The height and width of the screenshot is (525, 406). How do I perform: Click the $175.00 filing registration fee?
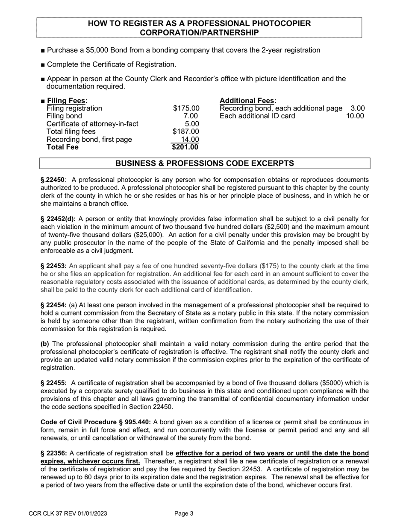point(186,108)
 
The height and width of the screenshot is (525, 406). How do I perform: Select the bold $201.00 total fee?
point(185,148)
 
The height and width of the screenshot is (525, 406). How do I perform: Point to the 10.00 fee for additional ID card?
point(355,116)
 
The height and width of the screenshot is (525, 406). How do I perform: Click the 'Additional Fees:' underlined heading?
point(248,101)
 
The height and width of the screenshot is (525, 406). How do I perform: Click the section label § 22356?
point(54,453)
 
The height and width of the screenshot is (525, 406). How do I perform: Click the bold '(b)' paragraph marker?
point(45,344)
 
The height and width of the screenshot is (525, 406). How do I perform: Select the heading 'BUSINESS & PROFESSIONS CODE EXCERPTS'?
point(205,163)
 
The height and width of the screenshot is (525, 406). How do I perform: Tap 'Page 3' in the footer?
point(184,514)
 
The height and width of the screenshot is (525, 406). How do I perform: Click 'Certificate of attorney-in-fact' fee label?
point(92,124)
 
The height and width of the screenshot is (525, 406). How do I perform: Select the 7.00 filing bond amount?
point(191,116)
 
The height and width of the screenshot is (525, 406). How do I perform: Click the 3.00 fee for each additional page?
point(358,108)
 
